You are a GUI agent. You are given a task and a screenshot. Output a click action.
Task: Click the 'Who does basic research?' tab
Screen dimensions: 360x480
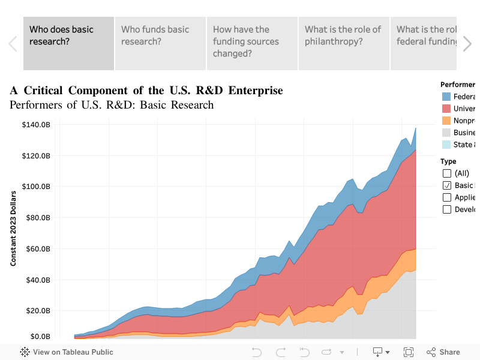click(68, 43)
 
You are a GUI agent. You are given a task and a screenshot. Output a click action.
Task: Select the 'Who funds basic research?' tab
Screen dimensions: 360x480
click(160, 43)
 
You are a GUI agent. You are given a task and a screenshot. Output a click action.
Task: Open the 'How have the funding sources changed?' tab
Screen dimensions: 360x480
click(252, 43)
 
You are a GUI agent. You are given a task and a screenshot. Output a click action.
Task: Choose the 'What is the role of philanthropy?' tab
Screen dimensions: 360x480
click(344, 43)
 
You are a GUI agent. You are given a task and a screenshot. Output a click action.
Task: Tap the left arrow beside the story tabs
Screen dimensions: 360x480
click(13, 43)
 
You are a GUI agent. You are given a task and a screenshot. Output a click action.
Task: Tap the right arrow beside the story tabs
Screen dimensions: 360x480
click(467, 43)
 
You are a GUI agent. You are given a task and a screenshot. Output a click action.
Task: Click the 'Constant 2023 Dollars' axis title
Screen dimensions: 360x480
click(13, 228)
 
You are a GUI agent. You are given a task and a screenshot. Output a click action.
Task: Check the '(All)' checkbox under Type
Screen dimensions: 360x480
click(447, 173)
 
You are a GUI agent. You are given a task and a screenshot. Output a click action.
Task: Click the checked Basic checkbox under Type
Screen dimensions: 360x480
click(447, 185)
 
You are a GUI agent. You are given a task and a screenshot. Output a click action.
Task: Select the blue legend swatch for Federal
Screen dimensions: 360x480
click(446, 97)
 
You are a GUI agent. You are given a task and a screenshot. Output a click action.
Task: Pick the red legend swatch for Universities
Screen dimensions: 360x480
click(446, 109)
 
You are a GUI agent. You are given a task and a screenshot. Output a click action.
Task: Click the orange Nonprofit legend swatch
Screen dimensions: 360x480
click(446, 121)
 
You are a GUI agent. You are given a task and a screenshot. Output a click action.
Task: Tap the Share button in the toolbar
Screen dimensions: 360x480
click(443, 352)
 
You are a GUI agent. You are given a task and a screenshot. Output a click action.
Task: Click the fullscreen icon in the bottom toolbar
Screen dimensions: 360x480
click(409, 352)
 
